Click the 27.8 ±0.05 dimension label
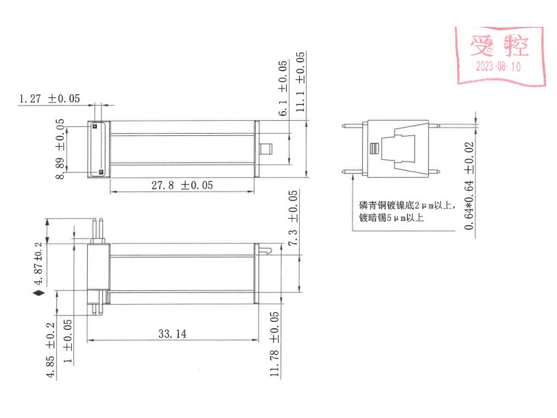coord(182,185)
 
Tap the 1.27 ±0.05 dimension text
coord(49,99)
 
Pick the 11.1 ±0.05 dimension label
coord(300,81)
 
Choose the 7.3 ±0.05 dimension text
coord(293,219)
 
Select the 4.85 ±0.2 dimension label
coord(49,350)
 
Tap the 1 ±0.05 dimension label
coord(67,341)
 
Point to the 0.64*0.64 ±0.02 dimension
coord(469,185)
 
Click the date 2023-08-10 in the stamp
coord(498,67)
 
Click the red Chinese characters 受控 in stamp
coord(499,46)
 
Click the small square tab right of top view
coord(267,148)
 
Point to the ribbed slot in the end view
coord(373,149)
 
